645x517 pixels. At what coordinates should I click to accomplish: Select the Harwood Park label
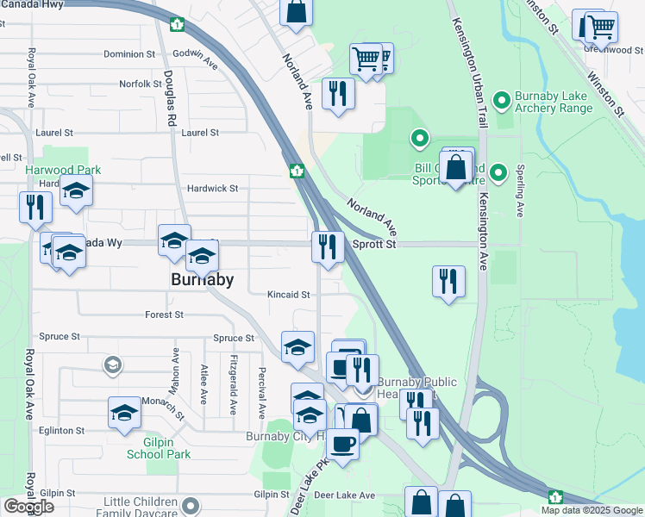pos(58,171)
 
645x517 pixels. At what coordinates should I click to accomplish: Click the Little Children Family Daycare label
pos(142,507)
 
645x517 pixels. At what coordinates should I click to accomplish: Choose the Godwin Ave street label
pos(195,59)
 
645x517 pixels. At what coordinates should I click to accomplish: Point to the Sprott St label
pos(373,245)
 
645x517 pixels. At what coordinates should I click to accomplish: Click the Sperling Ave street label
pos(520,191)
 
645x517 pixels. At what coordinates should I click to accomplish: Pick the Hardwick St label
pos(212,188)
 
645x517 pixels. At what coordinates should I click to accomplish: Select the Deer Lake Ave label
pos(344,495)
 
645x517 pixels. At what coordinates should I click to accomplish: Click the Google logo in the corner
pos(29,507)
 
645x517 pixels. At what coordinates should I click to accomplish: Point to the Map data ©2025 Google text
pos(592,510)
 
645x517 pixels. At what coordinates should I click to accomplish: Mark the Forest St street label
pos(164,315)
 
